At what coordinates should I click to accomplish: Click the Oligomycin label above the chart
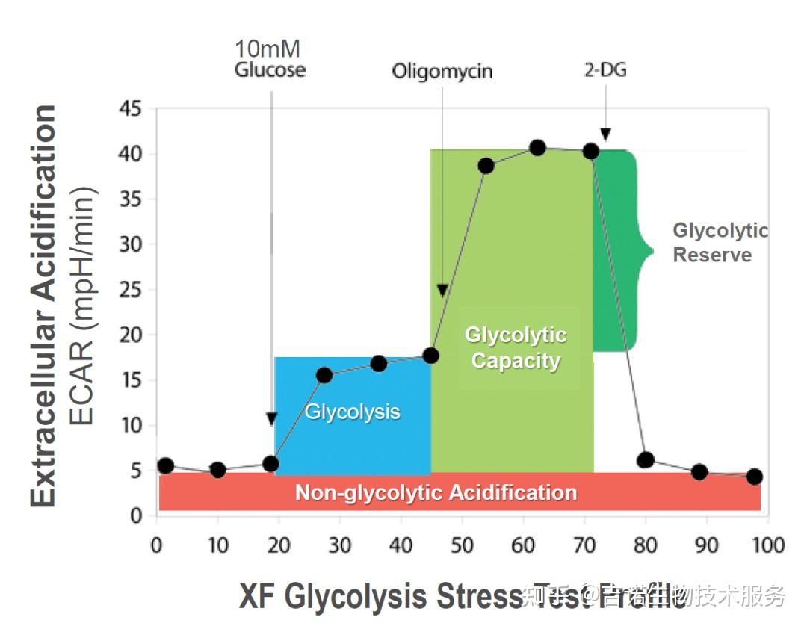(x=442, y=72)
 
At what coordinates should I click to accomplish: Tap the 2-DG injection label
(x=605, y=71)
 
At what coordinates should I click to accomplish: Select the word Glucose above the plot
(x=270, y=71)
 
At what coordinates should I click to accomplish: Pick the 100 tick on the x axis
(x=767, y=545)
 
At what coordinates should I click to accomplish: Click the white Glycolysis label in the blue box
(x=352, y=412)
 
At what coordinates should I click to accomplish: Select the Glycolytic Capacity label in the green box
(x=516, y=348)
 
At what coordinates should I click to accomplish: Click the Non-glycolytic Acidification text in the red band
(x=436, y=492)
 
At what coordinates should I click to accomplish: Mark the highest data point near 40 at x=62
(x=537, y=148)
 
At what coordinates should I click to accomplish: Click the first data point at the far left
(x=166, y=465)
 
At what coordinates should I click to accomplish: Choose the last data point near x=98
(x=754, y=477)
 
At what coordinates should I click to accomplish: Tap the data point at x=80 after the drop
(x=646, y=460)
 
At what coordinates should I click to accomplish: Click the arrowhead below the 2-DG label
(x=605, y=134)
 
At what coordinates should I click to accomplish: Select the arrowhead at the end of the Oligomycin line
(x=442, y=290)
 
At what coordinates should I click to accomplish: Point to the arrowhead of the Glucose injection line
(x=271, y=419)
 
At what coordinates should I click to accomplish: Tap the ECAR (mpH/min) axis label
(x=81, y=306)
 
